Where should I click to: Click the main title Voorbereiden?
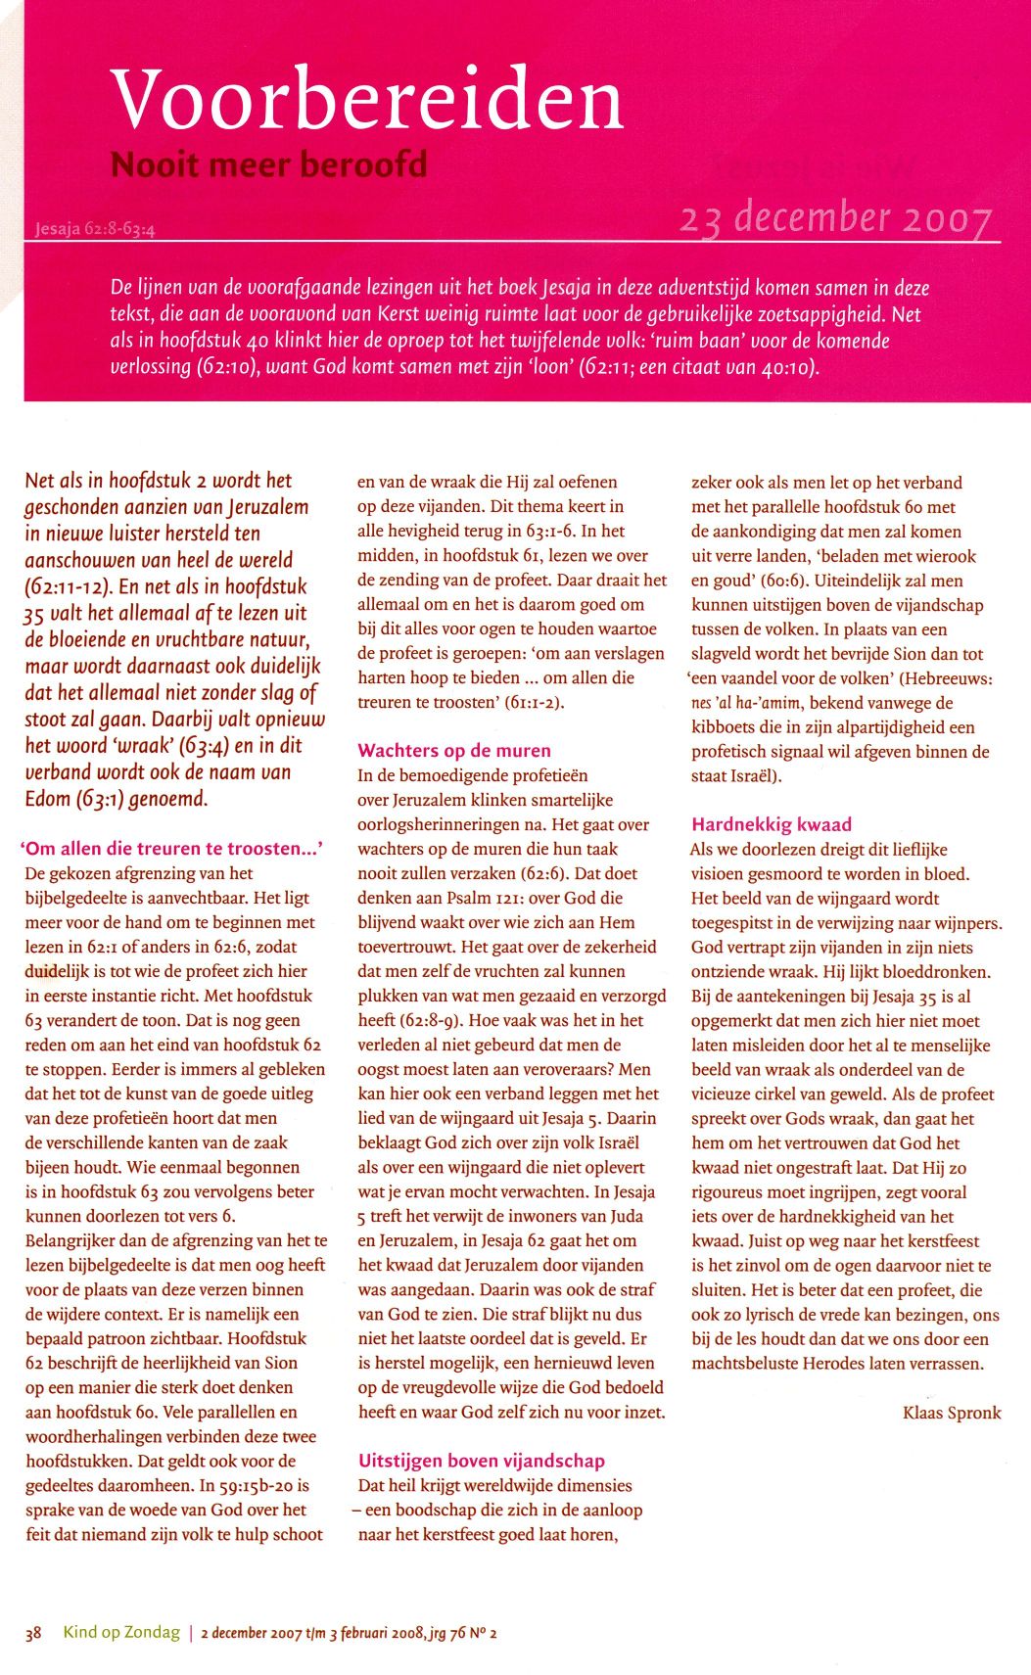tap(367, 100)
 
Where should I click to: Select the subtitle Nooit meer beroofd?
tap(268, 163)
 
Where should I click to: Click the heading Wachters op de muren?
tap(454, 751)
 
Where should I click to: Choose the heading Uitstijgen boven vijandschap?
tap(482, 1461)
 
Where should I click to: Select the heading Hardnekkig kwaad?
tap(772, 824)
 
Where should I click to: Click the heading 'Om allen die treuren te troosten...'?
tap(172, 849)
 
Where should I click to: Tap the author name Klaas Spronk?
tap(952, 1413)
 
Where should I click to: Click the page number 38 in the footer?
tap(33, 1633)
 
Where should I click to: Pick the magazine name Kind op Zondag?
tap(121, 1632)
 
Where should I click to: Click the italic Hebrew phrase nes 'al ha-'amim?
tap(746, 703)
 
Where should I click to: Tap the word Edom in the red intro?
tap(48, 799)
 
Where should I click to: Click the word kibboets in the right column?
tap(726, 727)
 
